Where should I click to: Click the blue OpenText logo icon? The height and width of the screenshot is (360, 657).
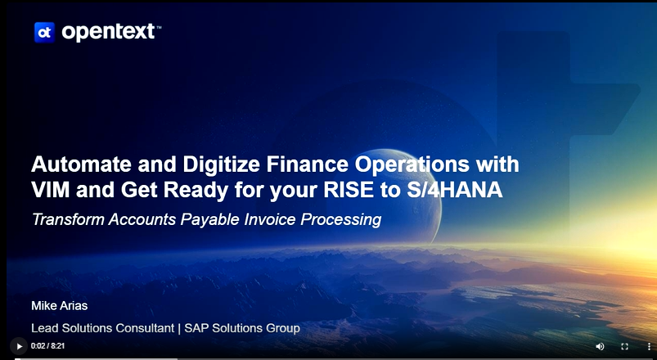44,32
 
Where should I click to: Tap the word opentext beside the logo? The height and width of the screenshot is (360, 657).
109,32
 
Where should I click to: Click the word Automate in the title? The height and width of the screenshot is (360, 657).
81,164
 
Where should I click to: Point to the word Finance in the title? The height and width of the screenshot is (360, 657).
307,164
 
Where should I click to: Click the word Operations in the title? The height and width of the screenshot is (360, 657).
412,164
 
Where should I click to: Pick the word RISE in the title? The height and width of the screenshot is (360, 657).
349,190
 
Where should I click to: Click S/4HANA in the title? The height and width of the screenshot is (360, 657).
455,190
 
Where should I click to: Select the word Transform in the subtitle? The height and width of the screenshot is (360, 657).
68,219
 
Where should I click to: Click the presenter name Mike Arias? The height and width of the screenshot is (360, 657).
60,306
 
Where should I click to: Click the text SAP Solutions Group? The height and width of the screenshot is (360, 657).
242,328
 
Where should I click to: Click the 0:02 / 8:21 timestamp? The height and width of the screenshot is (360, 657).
47,346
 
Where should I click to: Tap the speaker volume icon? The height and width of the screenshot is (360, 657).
600,347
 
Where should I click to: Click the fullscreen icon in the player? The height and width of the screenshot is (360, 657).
624,347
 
